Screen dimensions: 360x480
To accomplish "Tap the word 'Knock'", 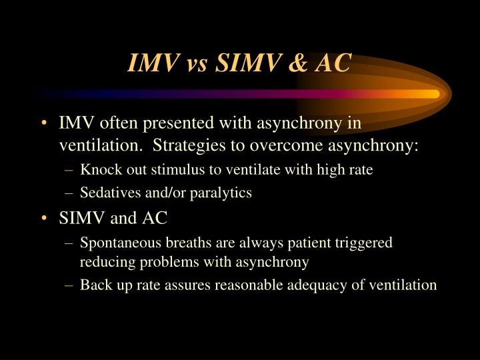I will pos(98,170).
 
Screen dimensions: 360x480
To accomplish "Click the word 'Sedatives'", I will pos(107,193).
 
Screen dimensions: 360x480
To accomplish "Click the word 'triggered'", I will pos(364,243).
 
